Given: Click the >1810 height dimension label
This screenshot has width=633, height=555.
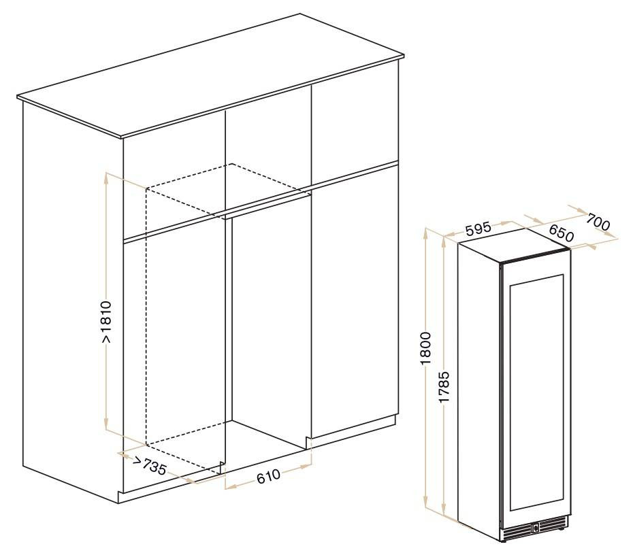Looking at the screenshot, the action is (x=106, y=322).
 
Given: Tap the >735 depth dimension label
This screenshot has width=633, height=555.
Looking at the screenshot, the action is (x=149, y=466).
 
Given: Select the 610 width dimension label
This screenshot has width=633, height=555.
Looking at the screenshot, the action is (x=268, y=476).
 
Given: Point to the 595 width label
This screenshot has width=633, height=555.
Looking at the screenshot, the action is (x=478, y=229).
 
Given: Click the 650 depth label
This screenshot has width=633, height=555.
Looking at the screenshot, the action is (x=561, y=233).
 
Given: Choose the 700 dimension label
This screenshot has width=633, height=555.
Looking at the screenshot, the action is (x=598, y=222).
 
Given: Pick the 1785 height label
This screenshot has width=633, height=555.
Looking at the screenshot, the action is (x=444, y=387).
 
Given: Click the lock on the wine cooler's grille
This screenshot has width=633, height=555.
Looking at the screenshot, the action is (x=535, y=526).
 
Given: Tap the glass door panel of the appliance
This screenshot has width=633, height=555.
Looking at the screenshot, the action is (x=536, y=392).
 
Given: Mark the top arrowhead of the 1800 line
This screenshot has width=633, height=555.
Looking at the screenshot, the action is (x=426, y=233).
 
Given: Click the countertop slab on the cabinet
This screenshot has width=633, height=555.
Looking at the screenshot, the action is (x=210, y=75).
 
